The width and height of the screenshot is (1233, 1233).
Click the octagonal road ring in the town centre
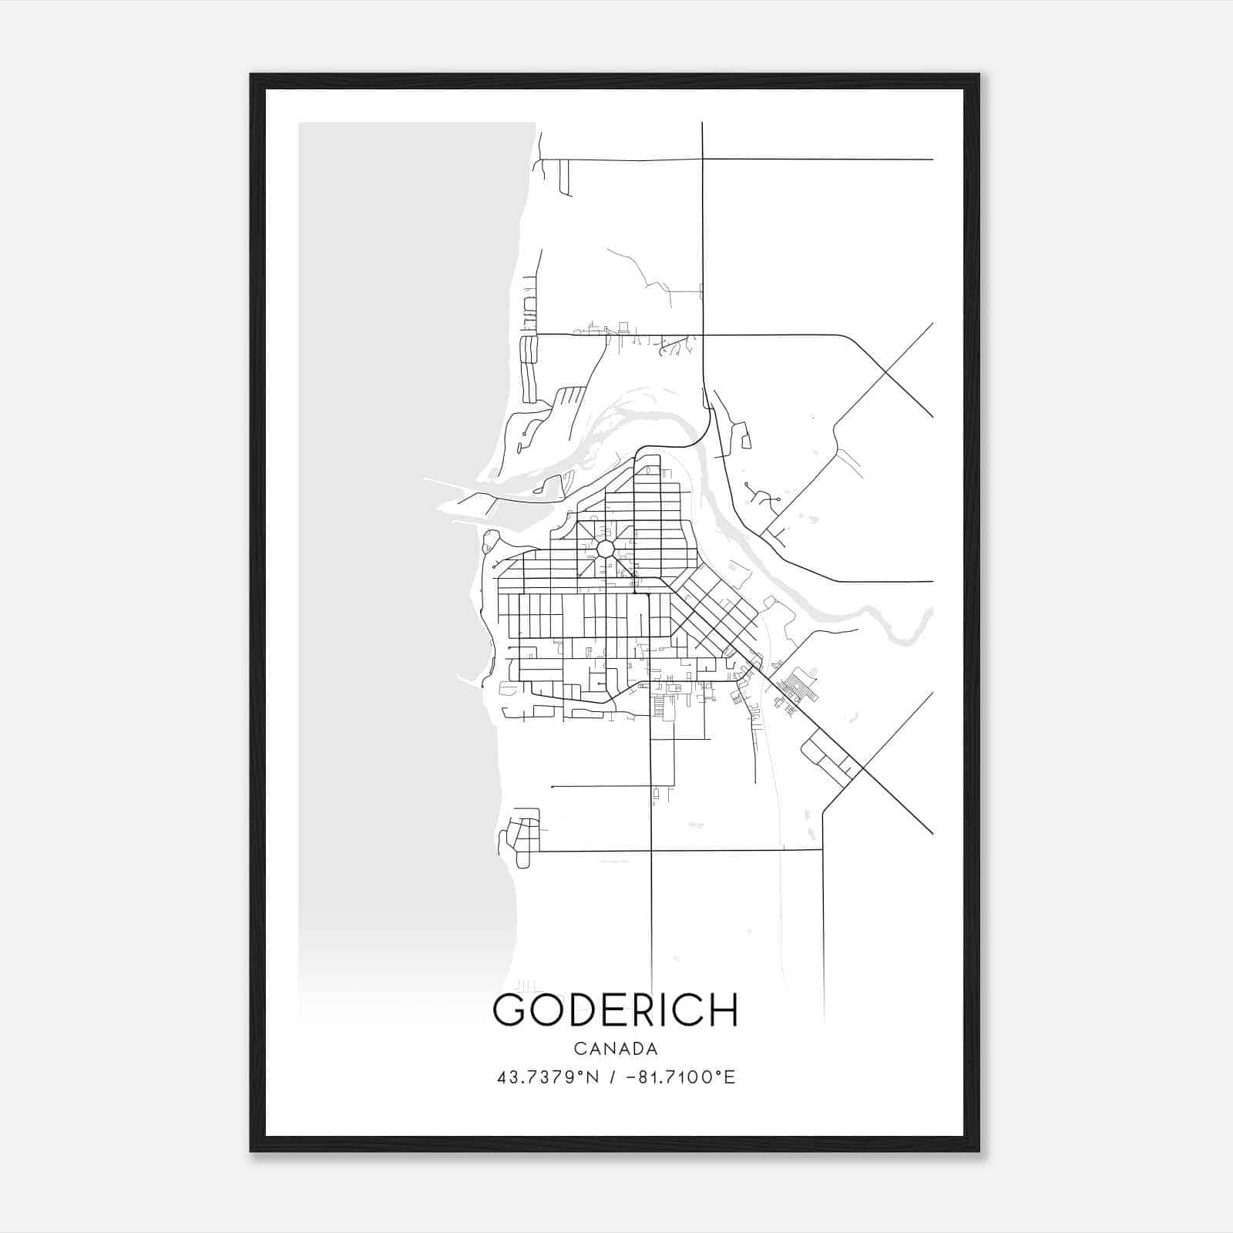pyautogui.click(x=605, y=549)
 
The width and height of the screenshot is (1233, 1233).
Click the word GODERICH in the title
pyautogui.click(x=615, y=1010)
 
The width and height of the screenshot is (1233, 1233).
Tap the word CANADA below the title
pyautogui.click(x=615, y=1049)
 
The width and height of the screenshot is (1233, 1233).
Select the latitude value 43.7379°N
pyautogui.click(x=549, y=1077)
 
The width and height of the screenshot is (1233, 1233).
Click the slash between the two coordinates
pyautogui.click(x=611, y=1077)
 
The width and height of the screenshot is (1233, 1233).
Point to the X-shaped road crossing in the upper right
pyautogui.click(x=886, y=372)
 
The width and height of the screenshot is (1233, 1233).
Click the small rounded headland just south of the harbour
pyautogui.click(x=489, y=542)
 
